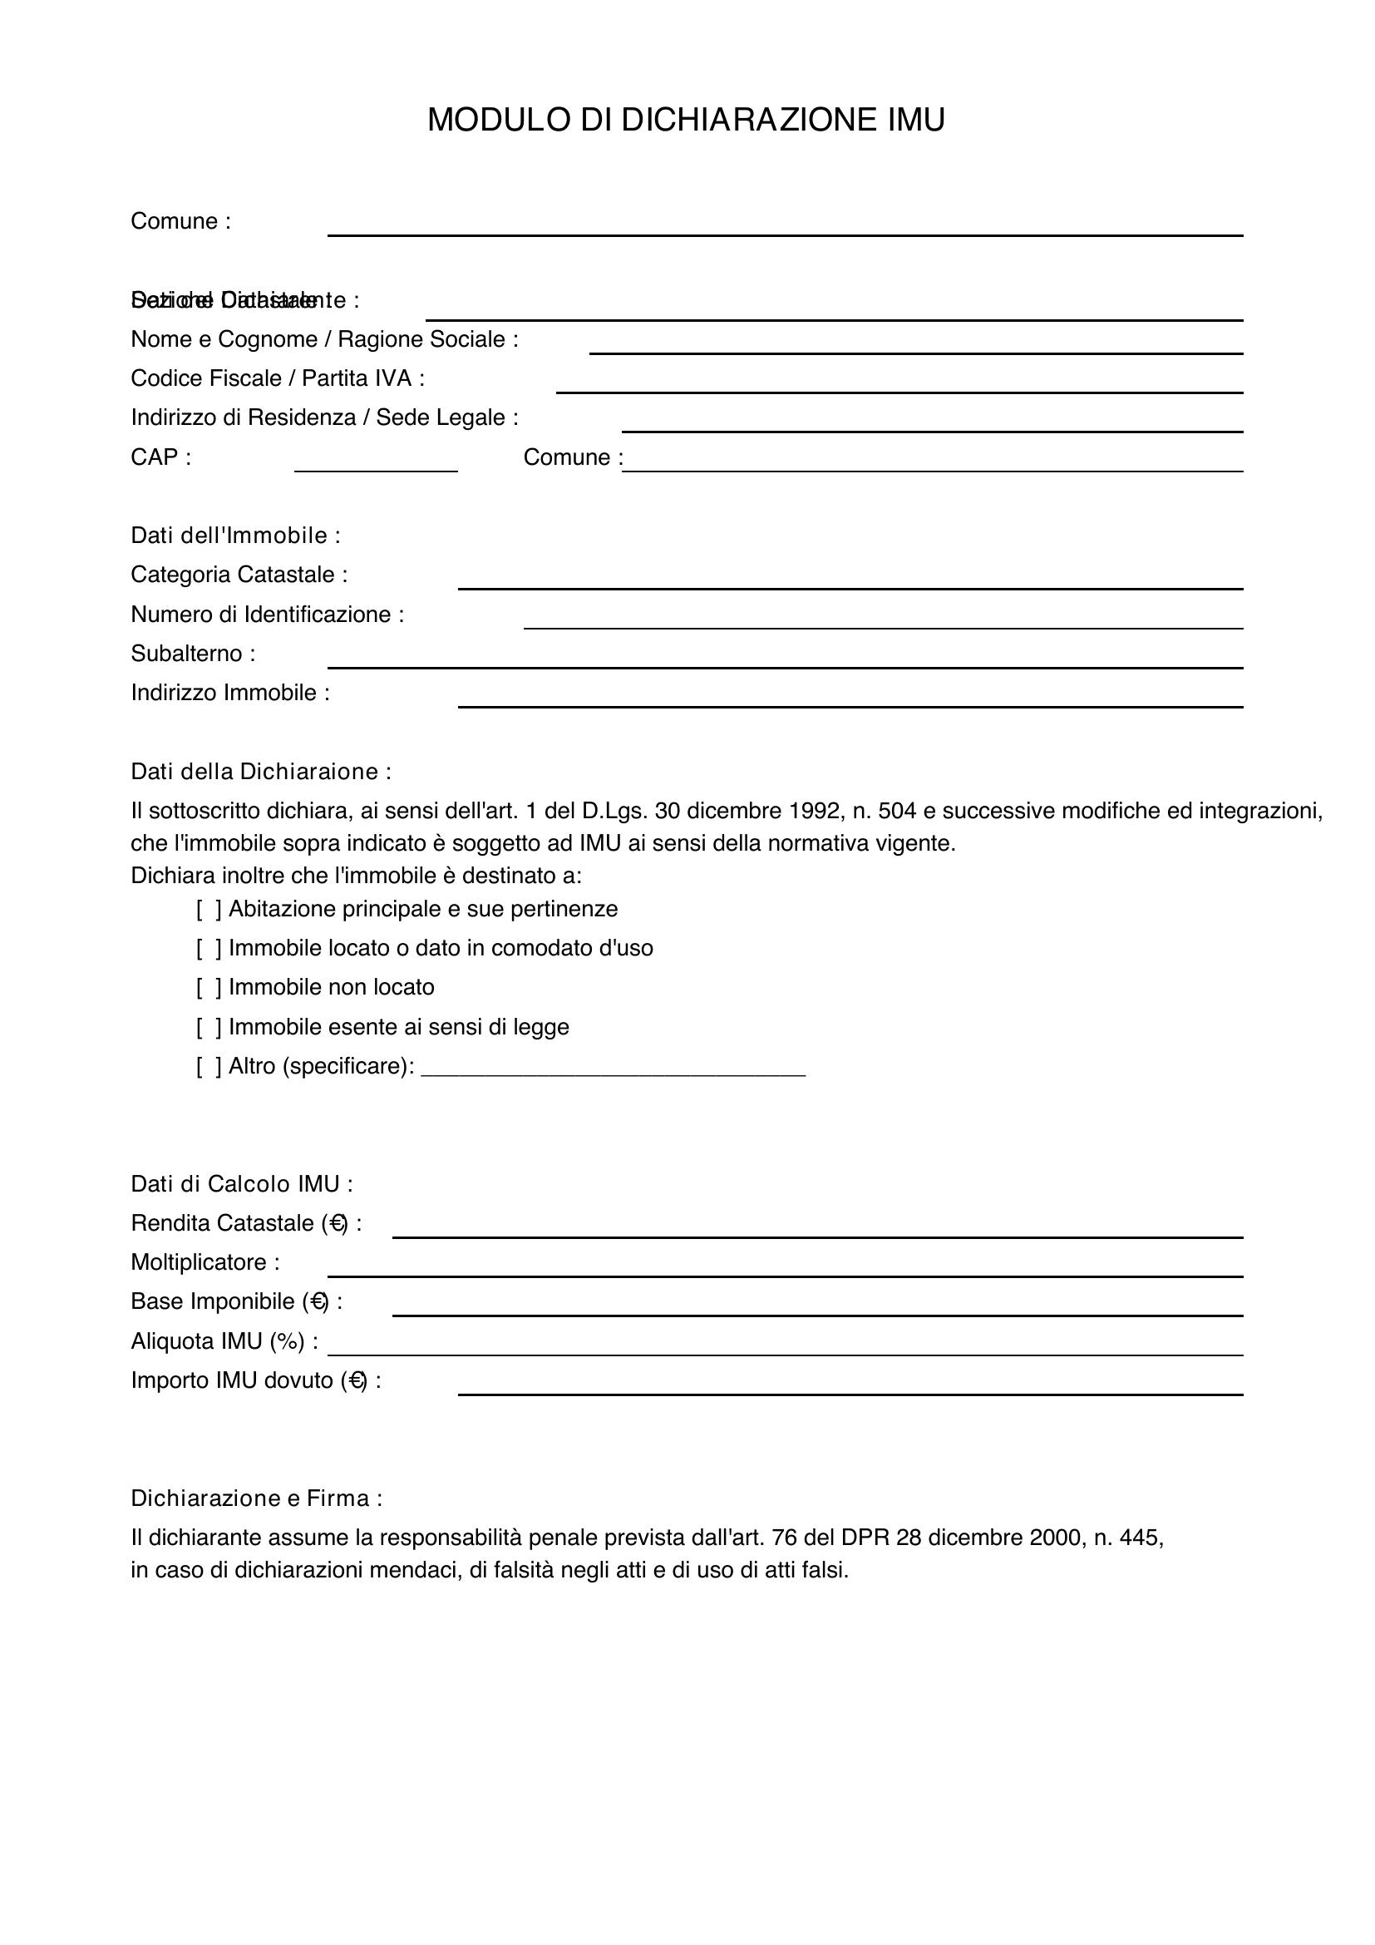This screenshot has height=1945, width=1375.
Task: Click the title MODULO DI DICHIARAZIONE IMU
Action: (x=686, y=121)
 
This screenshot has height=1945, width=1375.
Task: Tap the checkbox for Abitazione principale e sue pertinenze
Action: (x=209, y=910)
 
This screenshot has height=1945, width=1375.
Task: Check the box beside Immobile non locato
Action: (x=209, y=988)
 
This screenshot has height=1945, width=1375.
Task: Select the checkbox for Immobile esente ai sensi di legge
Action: (x=209, y=1028)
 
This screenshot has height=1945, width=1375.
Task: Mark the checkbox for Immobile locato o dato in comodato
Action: (x=209, y=949)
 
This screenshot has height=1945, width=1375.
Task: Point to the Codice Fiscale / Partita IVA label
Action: (x=278, y=378)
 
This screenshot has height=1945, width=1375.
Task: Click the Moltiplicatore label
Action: (x=205, y=1263)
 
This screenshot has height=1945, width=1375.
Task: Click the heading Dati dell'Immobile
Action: (x=235, y=536)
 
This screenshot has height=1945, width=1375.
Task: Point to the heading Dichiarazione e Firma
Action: (x=257, y=1499)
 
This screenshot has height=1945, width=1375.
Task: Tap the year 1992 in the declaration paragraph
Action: (x=814, y=812)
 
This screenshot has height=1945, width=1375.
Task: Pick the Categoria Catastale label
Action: (x=239, y=575)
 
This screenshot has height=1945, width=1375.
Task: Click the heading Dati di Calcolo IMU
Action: (x=241, y=1184)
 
